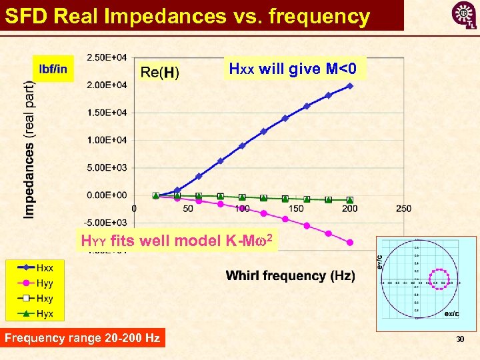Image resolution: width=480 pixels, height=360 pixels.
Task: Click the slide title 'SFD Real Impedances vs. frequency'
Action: [187, 15]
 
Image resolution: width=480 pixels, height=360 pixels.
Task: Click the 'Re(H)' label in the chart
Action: [159, 72]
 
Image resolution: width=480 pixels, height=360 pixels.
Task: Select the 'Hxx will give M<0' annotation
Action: [293, 69]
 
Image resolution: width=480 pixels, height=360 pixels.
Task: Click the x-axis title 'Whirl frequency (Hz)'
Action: [290, 275]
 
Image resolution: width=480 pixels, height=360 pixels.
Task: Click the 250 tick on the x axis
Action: [403, 209]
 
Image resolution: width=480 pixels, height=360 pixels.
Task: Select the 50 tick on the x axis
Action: [188, 209]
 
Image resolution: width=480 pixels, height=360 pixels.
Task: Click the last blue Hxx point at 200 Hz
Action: [350, 85]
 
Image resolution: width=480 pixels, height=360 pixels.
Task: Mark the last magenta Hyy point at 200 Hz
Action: [350, 243]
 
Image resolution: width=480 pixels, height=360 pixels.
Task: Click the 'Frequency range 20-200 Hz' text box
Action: [83, 338]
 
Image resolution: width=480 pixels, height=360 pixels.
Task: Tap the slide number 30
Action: [459, 340]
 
